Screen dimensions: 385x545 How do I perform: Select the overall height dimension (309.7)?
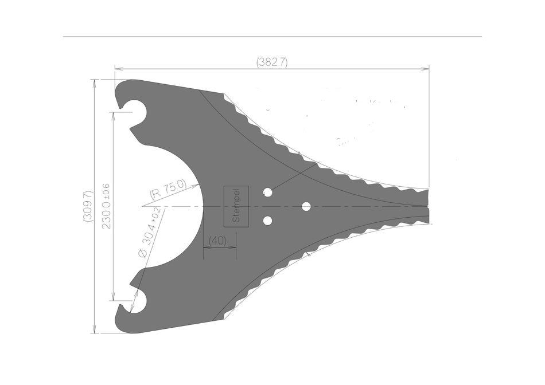click(88, 206)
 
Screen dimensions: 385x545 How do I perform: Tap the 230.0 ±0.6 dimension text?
click(106, 206)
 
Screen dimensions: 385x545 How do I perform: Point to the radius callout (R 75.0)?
click(168, 189)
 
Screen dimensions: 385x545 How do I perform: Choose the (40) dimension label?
click(217, 241)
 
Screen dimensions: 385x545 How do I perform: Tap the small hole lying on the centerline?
click(306, 206)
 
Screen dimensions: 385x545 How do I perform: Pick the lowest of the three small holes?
click(267, 220)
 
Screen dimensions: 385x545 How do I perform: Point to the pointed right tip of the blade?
click(428, 206)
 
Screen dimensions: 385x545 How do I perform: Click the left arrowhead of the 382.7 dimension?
click(117, 69)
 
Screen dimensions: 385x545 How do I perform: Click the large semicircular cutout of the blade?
click(172, 206)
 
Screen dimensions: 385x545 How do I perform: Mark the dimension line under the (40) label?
click(220, 247)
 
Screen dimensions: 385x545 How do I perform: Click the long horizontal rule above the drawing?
click(272, 37)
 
